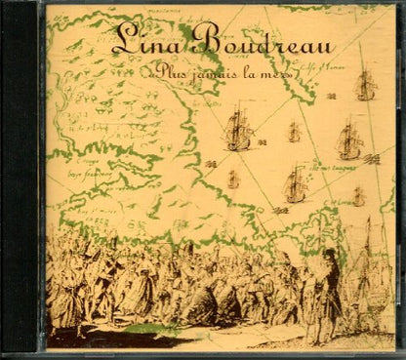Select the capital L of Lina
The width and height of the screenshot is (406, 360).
[x=122, y=39]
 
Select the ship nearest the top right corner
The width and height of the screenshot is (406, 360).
[x=365, y=86]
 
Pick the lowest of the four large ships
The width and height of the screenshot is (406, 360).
[x=295, y=182]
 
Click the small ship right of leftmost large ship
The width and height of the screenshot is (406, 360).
[x=294, y=132]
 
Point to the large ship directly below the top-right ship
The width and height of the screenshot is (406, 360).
[x=348, y=140]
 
